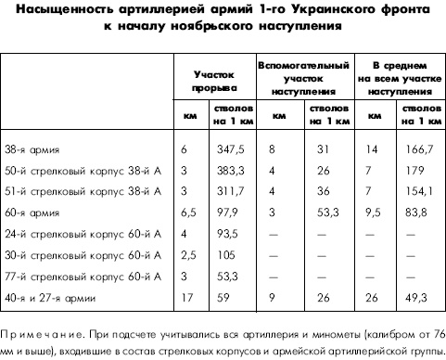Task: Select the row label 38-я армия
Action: click(x=30, y=148)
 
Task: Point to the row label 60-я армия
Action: click(x=30, y=212)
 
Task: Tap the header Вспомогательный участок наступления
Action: click(x=304, y=79)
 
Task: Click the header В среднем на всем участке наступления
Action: click(x=399, y=79)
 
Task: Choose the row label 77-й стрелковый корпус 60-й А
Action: click(x=83, y=276)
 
